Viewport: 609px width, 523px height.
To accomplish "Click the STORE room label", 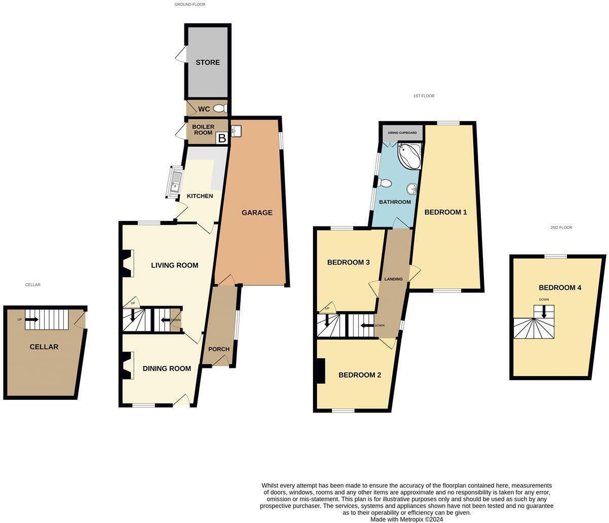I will point(208,62).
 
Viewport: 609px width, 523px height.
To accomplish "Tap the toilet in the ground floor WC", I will point(219,108).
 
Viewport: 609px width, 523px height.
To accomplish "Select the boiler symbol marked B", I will point(221,138).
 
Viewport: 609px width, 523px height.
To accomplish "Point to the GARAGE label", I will point(257,213).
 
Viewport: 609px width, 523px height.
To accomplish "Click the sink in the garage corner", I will point(236,131).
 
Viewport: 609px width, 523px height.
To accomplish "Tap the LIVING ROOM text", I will point(174,265).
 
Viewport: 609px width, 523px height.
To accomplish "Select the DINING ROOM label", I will point(166,368).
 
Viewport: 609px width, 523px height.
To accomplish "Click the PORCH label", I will point(219,349).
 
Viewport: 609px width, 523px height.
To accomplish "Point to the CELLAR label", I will point(44,347).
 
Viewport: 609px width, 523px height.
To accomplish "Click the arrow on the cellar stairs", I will point(31,319).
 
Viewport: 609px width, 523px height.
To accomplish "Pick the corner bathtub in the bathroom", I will point(410,156).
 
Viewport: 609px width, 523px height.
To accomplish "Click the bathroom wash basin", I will point(411,189).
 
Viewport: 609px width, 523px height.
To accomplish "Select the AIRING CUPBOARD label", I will point(402,133).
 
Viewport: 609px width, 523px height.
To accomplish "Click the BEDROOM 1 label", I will point(445,212).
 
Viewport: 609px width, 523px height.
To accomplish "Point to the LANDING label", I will point(393,279).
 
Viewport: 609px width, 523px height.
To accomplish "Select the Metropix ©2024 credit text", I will point(407,519).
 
